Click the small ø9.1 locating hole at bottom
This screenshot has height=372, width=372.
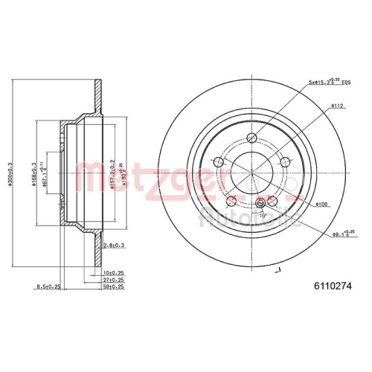pyautogui.click(x=260, y=205)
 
